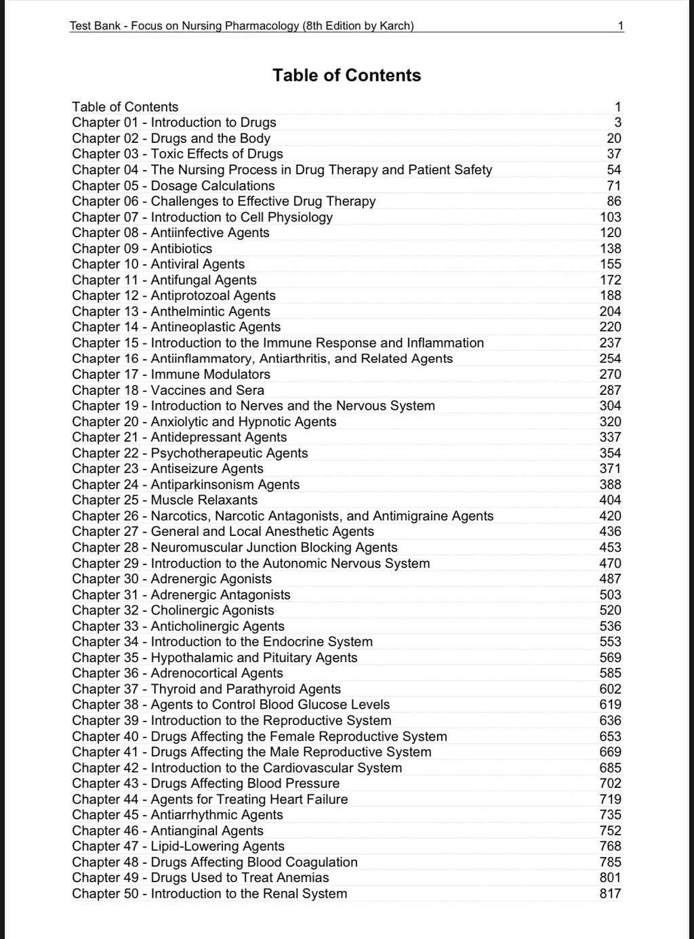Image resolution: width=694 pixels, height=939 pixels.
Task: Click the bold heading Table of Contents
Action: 346,75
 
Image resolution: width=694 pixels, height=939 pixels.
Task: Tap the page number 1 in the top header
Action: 620,26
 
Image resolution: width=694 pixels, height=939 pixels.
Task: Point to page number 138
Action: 610,249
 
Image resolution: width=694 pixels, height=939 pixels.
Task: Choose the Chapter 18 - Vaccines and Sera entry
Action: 168,390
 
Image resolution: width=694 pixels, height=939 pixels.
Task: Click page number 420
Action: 610,516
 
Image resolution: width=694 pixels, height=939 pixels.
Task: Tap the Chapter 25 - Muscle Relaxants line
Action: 165,500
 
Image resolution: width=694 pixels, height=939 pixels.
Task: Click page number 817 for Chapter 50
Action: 610,894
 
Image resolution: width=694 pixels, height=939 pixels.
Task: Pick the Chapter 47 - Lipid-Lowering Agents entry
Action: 178,846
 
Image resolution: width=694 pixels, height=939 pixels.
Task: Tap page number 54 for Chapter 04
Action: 613,170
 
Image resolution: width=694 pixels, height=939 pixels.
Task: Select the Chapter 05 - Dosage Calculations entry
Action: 173,186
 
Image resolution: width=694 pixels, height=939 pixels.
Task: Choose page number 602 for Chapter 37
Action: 610,689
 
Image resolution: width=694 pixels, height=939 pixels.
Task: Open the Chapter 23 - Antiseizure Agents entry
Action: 167,469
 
